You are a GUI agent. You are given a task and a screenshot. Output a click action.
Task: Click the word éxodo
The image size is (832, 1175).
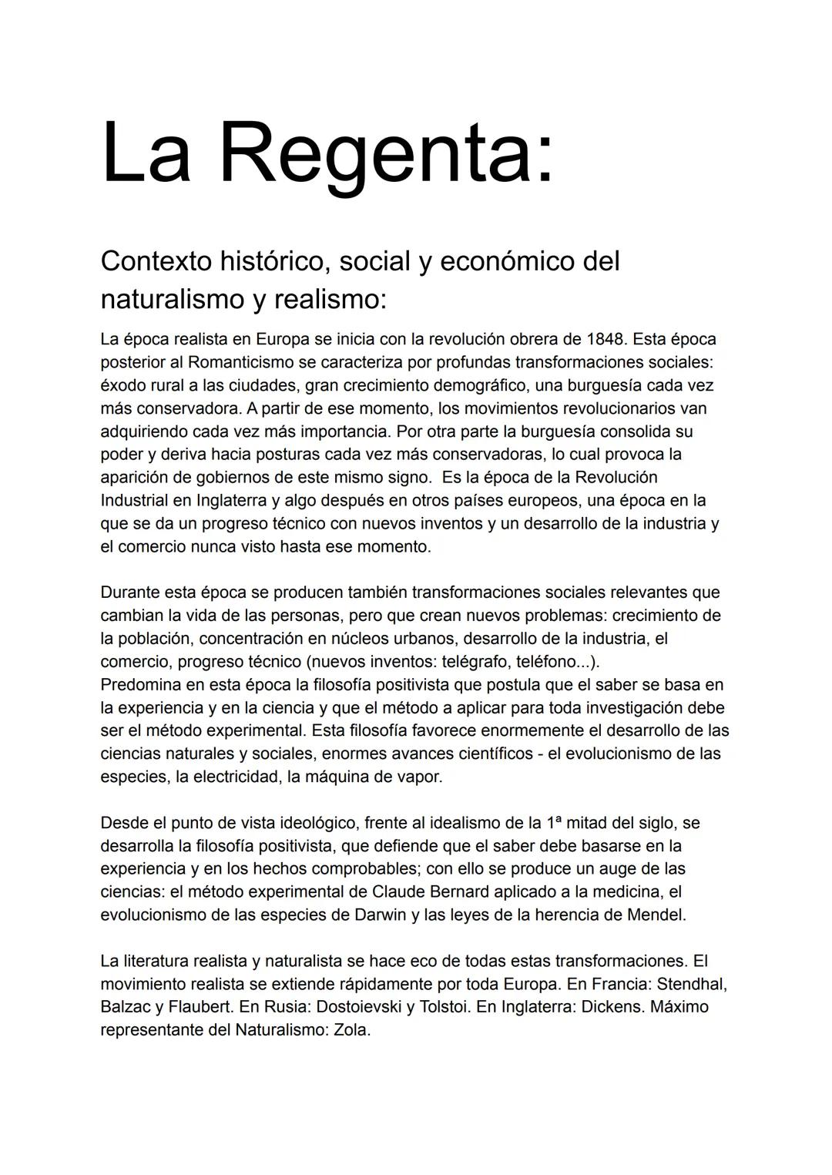point(122,385)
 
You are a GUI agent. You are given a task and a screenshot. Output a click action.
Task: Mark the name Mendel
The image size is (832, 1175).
point(655,915)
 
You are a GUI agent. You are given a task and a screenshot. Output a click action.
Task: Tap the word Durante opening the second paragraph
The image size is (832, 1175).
point(128,593)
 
